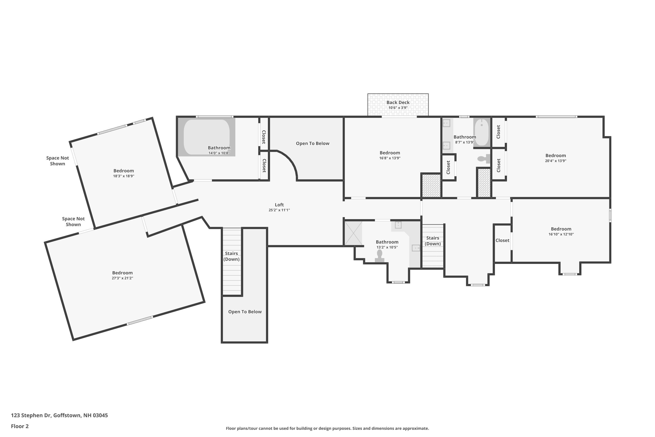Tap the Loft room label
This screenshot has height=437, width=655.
pyautogui.click(x=279, y=205)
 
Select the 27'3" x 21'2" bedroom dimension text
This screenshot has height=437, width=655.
pyautogui.click(x=122, y=278)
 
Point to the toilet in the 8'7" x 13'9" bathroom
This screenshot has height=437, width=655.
pyautogui.click(x=483, y=159)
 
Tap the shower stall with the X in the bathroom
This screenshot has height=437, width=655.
pyautogui.click(x=353, y=233)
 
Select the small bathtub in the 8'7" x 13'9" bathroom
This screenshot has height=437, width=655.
pyautogui.click(x=481, y=132)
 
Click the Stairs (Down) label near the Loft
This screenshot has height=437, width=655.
pyautogui.click(x=231, y=256)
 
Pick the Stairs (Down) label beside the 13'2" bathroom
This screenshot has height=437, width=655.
pyautogui.click(x=433, y=241)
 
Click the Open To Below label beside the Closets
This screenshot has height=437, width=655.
pyautogui.click(x=312, y=144)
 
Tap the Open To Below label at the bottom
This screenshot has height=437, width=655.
pyautogui.click(x=245, y=312)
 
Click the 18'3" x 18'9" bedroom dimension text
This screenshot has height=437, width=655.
pyautogui.click(x=123, y=176)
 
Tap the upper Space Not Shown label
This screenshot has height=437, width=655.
pyautogui.click(x=57, y=161)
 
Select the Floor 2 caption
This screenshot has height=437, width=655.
pyautogui.click(x=19, y=426)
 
